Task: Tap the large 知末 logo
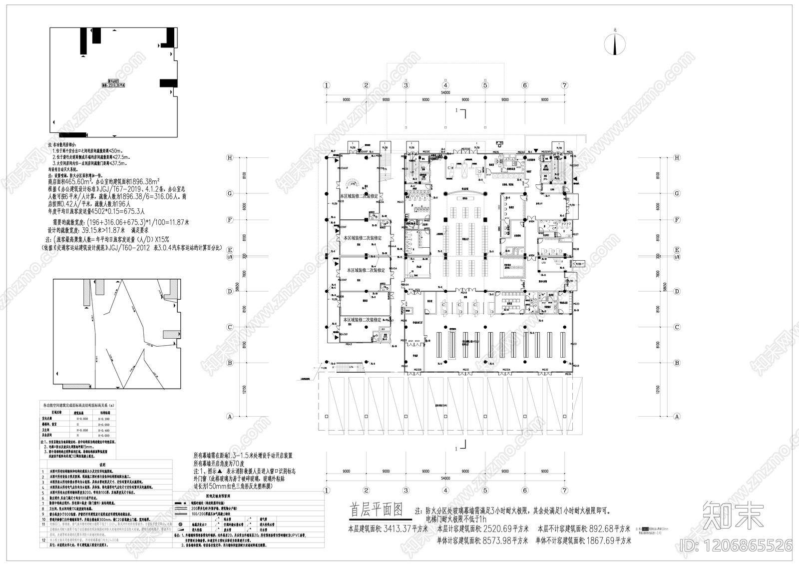(733, 515)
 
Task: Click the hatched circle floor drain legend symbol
(179, 524)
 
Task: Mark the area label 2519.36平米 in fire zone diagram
(114, 85)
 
